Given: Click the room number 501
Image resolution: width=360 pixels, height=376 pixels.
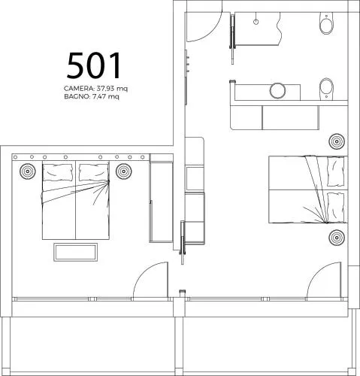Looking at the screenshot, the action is (94, 65).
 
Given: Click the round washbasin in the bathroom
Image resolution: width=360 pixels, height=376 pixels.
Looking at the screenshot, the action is (277, 91).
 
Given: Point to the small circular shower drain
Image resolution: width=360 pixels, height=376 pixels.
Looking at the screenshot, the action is (256, 22).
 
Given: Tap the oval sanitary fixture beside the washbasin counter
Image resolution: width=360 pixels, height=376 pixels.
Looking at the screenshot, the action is (326, 89).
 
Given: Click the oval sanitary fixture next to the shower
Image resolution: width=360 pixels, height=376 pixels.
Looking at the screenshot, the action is (326, 23).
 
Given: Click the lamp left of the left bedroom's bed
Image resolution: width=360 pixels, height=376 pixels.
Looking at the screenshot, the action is (28, 171).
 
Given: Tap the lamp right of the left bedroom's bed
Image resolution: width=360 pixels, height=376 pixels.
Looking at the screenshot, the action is (124, 171).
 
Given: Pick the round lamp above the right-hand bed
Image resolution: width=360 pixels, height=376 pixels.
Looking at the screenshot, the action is (337, 141).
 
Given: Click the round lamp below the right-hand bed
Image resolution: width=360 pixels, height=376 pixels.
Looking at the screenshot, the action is (337, 237).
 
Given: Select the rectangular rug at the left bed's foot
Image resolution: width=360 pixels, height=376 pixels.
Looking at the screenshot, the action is (75, 252).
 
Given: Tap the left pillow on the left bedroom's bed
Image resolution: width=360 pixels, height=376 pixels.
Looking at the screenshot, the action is (59, 172).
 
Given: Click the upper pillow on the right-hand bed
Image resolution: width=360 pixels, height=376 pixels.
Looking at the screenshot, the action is (336, 172).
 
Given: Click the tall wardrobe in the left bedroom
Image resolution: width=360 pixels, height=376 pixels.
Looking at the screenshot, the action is (162, 198).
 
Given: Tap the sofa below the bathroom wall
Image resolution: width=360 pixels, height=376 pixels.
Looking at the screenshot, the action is (274, 117).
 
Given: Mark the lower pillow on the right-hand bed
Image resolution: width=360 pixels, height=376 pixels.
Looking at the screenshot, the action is (336, 207).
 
